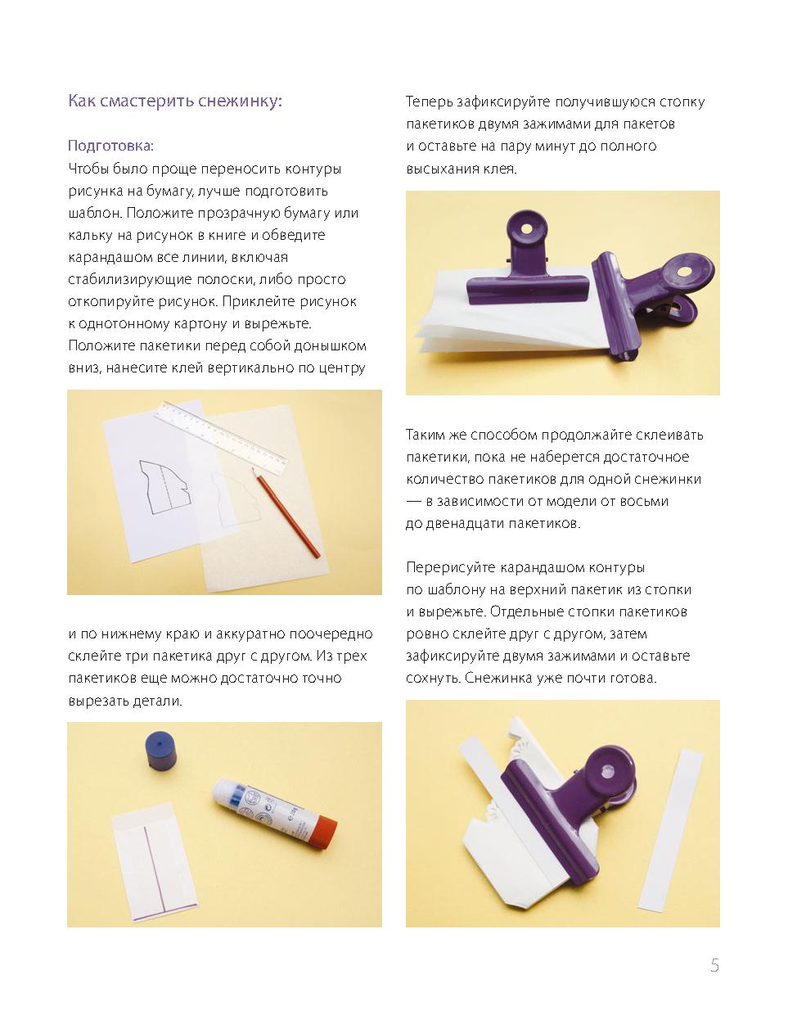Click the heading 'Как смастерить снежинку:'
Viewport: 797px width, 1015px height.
click(175, 101)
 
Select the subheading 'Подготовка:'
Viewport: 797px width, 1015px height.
click(110, 146)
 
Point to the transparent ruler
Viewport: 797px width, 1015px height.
click(221, 437)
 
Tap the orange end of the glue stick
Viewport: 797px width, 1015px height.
click(325, 832)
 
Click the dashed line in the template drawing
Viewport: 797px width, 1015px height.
click(165, 488)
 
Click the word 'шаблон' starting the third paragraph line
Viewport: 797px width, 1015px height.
click(95, 213)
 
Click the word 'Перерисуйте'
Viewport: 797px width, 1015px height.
click(451, 567)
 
